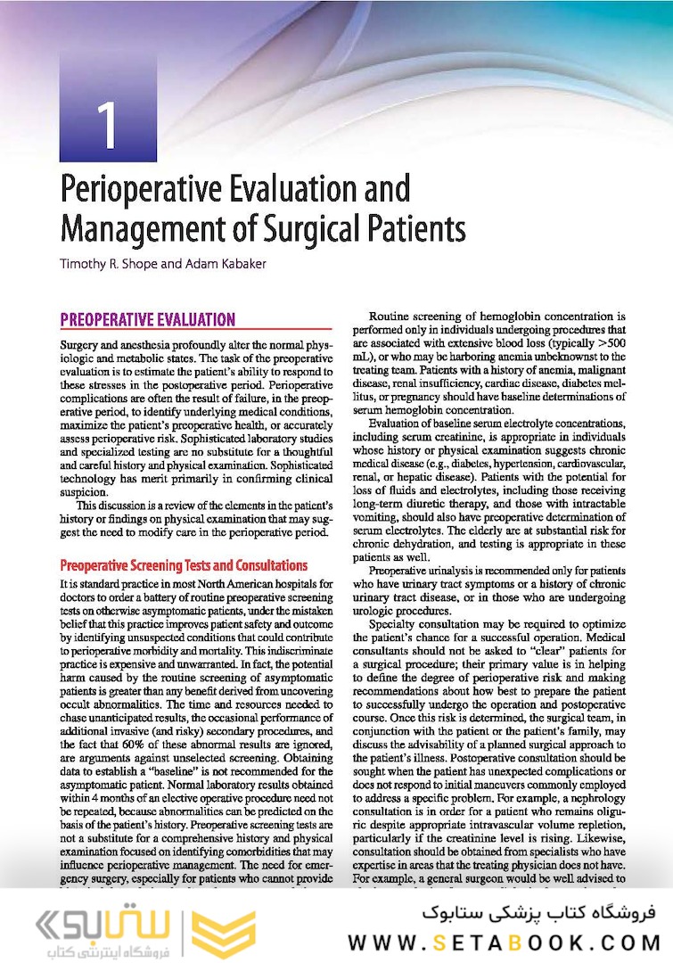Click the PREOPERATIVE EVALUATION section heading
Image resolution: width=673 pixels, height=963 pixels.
(x=147, y=319)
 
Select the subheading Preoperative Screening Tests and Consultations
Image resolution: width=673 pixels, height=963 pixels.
(x=184, y=565)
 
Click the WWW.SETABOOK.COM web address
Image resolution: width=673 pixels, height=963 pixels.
(x=504, y=942)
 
